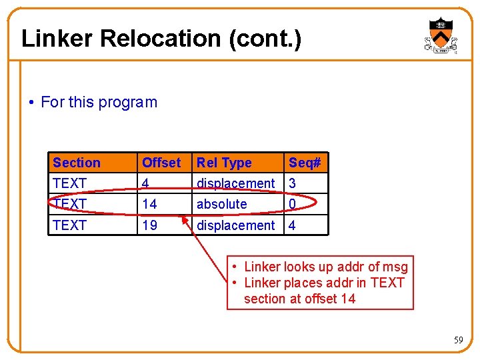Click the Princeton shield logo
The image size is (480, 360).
[440, 35]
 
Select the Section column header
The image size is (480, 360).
[77, 163]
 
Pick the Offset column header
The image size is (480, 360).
[161, 163]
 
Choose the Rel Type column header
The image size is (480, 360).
[224, 163]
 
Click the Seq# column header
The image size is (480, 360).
[305, 163]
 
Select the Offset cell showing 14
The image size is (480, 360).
[149, 204]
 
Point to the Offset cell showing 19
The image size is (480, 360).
[149, 225]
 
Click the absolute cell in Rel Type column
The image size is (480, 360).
[221, 204]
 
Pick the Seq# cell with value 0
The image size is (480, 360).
[292, 204]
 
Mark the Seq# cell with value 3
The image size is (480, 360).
[292, 183]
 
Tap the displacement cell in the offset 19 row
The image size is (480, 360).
[235, 225]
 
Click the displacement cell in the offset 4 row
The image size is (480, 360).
[235, 183]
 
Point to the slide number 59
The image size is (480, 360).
[458, 340]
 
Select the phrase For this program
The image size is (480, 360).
[99, 102]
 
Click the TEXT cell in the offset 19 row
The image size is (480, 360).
[69, 225]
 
